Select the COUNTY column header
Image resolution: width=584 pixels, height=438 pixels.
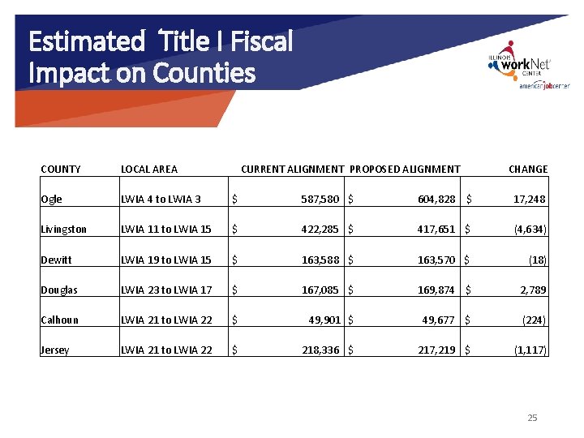(61, 169)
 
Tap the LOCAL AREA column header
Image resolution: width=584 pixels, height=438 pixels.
(149, 169)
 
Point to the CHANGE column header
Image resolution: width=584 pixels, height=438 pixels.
(527, 169)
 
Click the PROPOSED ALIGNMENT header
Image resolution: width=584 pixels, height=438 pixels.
(405, 169)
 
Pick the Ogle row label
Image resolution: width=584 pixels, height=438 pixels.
(51, 200)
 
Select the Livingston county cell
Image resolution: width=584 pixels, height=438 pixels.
(63, 230)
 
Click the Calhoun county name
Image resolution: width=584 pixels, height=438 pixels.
(59, 320)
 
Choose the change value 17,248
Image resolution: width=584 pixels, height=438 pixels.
(530, 200)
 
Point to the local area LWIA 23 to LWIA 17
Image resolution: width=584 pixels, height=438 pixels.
(166, 290)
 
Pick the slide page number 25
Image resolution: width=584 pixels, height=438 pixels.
(532, 418)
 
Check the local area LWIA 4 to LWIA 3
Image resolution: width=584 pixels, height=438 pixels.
(161, 200)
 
